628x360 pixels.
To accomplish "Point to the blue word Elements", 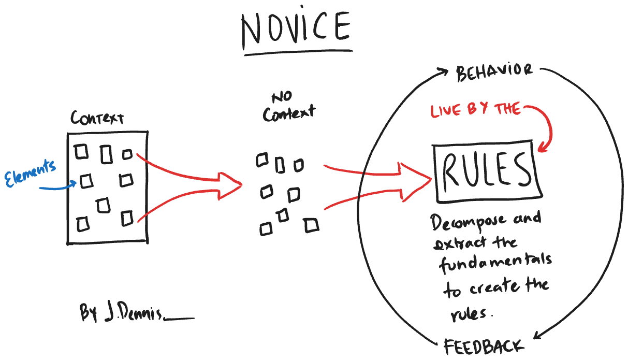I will coord(30,172).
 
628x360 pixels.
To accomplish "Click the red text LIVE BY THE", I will coord(475,110).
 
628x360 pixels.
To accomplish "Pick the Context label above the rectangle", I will coord(97,118).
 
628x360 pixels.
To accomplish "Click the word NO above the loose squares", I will coord(282,96).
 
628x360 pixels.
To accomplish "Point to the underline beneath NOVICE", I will coord(298,52).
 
